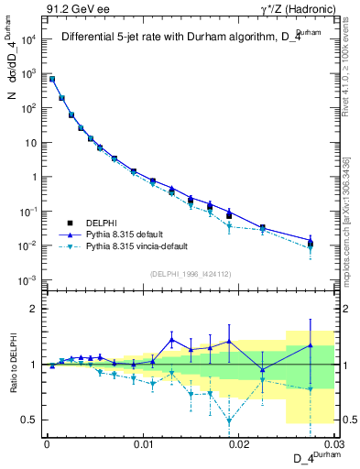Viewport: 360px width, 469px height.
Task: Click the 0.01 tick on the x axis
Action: [x=143, y=443]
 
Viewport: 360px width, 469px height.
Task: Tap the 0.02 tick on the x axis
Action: [x=239, y=443]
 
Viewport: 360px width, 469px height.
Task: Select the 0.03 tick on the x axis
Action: [x=334, y=443]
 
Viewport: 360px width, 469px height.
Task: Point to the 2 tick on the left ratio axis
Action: [x=34, y=309]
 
